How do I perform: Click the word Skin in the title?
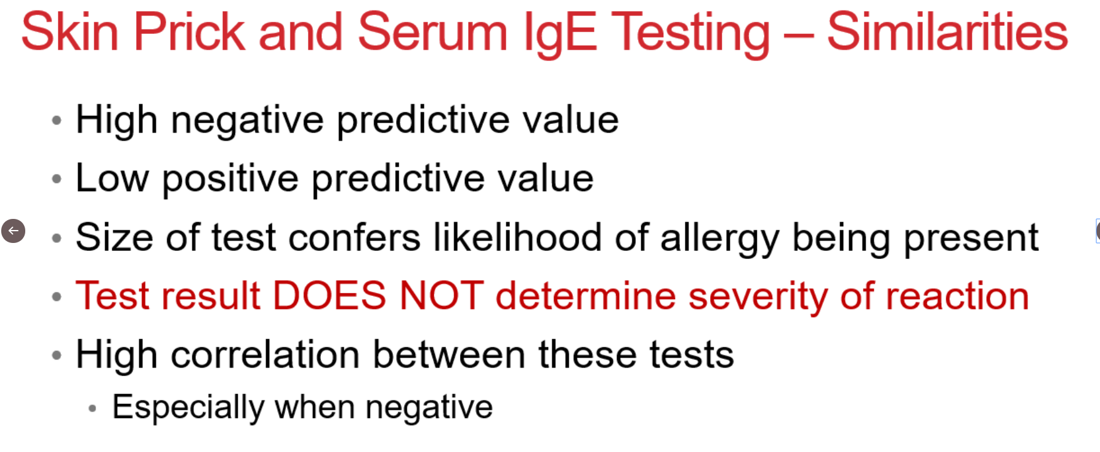(x=70, y=32)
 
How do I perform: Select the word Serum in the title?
(x=432, y=32)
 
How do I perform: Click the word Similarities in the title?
(x=947, y=32)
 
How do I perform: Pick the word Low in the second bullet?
(x=112, y=178)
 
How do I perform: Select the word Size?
(x=114, y=237)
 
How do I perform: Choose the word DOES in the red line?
(x=330, y=296)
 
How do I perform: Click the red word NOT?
(x=442, y=296)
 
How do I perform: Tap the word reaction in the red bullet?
(x=958, y=296)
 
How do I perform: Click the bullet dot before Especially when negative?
(x=93, y=408)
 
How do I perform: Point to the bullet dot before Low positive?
(x=57, y=179)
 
